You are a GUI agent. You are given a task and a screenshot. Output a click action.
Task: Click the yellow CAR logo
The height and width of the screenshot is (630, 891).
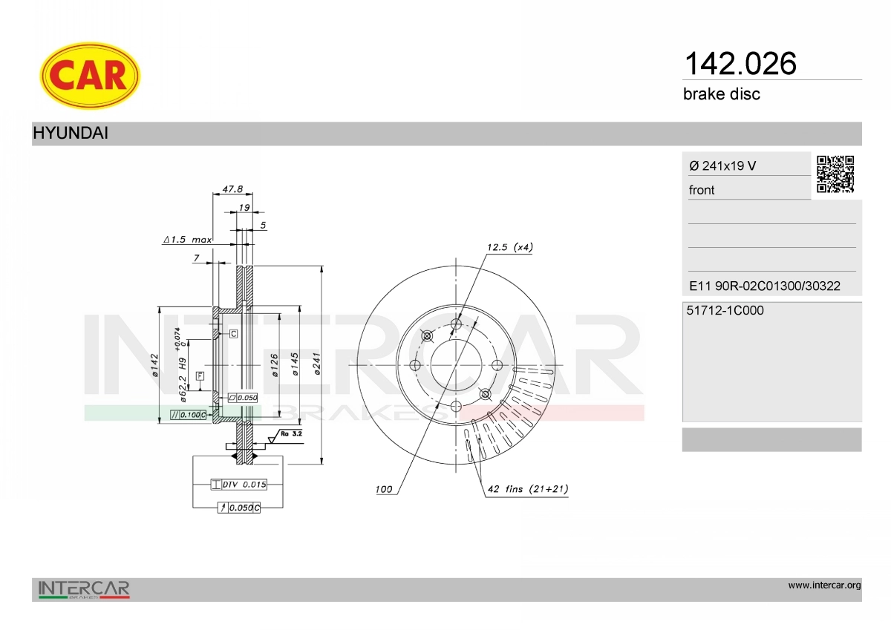90,76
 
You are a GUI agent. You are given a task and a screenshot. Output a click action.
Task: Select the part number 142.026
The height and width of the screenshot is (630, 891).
740,64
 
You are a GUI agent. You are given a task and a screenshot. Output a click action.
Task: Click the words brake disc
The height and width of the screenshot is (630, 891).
722,94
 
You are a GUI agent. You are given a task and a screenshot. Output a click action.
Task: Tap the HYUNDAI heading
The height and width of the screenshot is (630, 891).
71,133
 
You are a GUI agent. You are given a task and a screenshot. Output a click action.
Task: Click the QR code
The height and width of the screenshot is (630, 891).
835,174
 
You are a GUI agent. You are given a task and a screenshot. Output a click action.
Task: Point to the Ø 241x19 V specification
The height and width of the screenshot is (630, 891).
722,165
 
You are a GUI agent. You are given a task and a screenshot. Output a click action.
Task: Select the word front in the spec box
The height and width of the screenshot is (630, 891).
702,190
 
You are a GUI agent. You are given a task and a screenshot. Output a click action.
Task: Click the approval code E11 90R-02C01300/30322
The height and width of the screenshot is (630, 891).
765,286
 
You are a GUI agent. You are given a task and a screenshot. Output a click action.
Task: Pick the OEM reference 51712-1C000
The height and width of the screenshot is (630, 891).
725,310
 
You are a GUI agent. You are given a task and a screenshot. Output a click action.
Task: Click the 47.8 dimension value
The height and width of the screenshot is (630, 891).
232,189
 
